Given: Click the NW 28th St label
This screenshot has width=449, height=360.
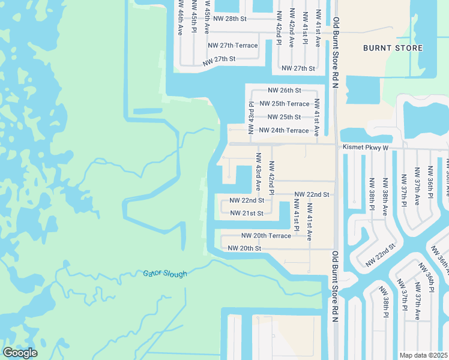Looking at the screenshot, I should (227, 19).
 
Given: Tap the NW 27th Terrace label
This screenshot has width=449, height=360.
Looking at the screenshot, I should (232, 46).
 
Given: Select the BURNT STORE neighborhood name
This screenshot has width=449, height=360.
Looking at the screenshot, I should (393, 48).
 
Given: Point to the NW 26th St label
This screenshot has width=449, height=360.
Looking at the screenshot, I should (284, 91).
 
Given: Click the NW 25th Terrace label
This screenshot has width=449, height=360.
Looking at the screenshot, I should (284, 104).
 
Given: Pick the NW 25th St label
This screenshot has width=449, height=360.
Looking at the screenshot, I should (284, 117).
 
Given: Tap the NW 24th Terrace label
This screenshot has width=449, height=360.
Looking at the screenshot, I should (284, 130).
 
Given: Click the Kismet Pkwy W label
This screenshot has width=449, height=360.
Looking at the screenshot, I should (366, 147).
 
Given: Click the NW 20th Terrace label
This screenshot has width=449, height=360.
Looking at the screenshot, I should (266, 236).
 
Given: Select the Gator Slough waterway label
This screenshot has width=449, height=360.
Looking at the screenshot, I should (165, 274).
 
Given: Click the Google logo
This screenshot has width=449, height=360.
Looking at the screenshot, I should (20, 353).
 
